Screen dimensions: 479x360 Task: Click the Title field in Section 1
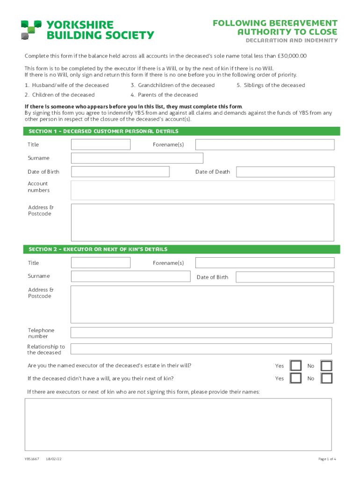click(x=101, y=145)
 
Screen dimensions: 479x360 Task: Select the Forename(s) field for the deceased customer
click(x=265, y=145)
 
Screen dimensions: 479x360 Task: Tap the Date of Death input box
click(x=285, y=172)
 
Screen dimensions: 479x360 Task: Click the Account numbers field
click(x=202, y=190)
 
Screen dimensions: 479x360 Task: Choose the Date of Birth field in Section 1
click(x=120, y=172)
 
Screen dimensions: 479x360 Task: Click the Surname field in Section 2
click(x=130, y=276)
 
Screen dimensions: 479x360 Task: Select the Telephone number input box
click(x=201, y=333)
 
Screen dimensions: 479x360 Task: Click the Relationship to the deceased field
click(x=201, y=349)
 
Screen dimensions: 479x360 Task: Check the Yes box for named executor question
click(x=295, y=366)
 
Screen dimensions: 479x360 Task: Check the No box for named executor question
click(x=326, y=366)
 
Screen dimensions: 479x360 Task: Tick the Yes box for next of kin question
click(x=295, y=378)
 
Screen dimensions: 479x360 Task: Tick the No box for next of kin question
click(x=326, y=378)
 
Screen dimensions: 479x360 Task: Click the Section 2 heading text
click(x=98, y=249)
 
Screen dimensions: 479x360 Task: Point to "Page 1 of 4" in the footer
click(x=327, y=459)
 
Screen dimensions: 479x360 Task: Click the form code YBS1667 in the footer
click(x=32, y=459)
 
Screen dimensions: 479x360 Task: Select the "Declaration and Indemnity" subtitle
click(x=291, y=41)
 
